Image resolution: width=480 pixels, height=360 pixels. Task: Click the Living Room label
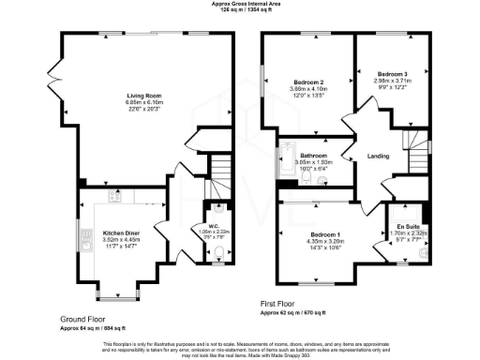[x=144, y=95]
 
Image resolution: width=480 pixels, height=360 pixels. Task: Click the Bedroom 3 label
[x=394, y=73]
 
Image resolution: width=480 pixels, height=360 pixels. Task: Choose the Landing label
[x=378, y=156]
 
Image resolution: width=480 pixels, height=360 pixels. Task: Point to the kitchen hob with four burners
[x=114, y=197]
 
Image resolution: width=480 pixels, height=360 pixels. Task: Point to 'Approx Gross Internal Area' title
[x=240, y=5]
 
